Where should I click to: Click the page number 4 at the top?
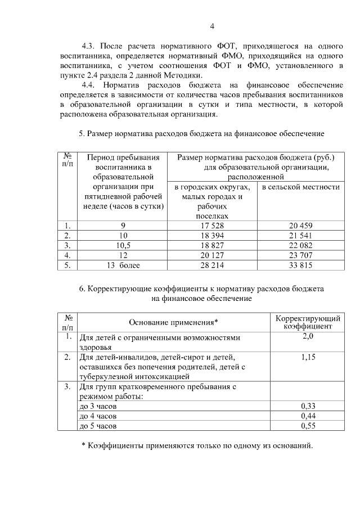(212, 26)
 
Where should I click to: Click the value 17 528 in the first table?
(212, 226)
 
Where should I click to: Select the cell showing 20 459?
(300, 226)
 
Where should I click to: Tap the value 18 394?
(212, 236)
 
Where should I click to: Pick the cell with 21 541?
(300, 236)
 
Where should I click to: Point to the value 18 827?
(212, 245)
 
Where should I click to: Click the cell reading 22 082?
(300, 245)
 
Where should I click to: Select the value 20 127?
(212, 255)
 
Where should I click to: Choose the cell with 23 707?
(300, 255)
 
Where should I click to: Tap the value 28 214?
(212, 264)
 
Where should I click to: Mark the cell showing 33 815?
(300, 264)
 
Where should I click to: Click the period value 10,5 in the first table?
(123, 245)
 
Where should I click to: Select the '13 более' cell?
(123, 264)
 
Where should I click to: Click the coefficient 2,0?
(307, 336)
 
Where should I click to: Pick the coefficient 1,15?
(307, 357)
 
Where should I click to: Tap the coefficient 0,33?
(307, 406)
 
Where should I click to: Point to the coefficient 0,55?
(307, 426)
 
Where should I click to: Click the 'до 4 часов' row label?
(98, 416)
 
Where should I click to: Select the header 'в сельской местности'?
(301, 187)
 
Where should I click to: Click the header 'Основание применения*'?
(173, 322)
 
